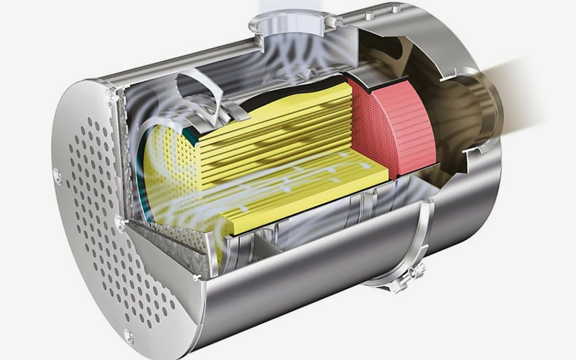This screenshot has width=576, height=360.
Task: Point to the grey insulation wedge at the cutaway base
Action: point(168,250)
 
